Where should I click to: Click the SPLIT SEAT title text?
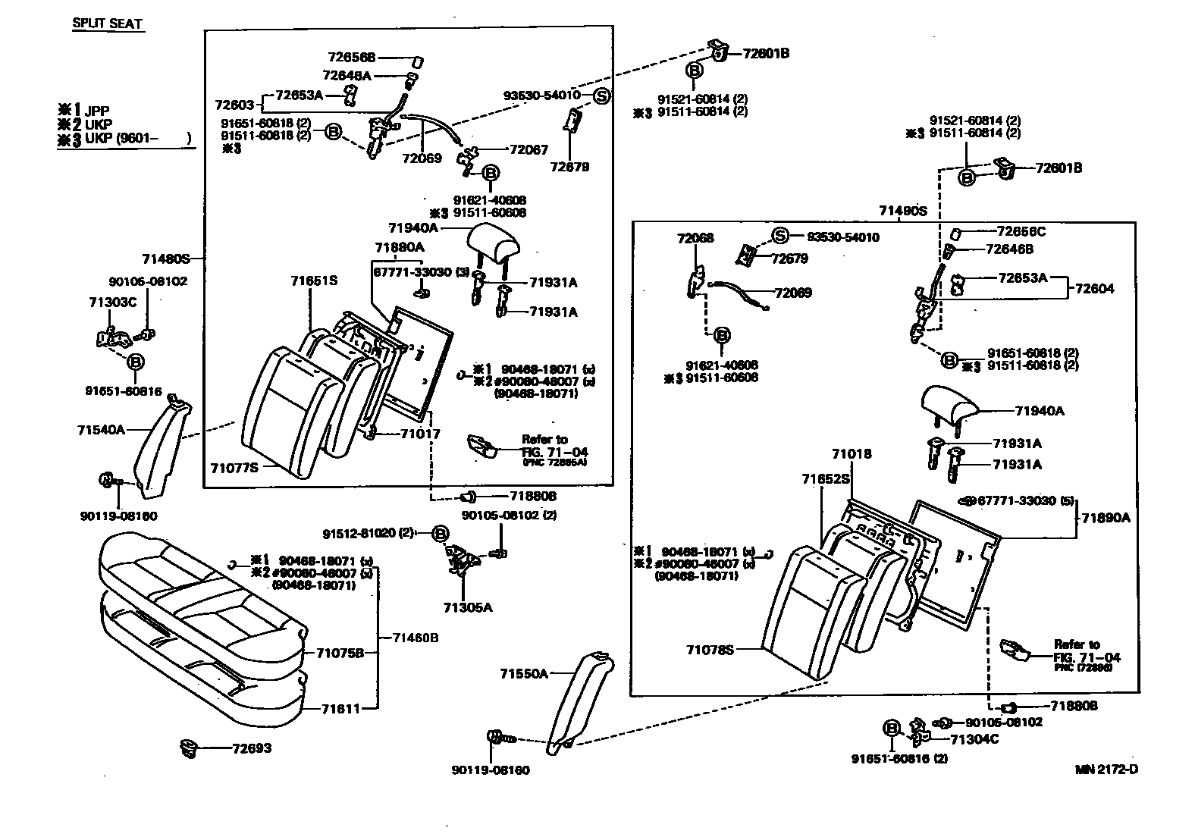point(107,24)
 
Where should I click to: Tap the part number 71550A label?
point(523,673)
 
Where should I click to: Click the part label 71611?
point(337,709)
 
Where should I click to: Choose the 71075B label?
point(340,653)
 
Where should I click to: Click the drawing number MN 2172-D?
point(1106,770)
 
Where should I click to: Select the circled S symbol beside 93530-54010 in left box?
point(601,96)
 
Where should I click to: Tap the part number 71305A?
point(468,607)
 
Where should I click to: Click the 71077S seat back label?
point(234,468)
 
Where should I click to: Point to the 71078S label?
point(710,650)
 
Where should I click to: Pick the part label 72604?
point(1095,289)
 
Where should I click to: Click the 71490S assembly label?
point(903,211)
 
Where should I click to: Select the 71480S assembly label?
point(166,259)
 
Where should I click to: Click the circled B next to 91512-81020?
point(440,534)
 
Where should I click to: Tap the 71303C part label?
point(113,303)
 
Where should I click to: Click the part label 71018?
point(852,454)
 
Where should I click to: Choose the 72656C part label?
point(1021,231)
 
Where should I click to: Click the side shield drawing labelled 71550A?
point(582,701)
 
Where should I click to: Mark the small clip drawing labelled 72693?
point(187,748)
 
